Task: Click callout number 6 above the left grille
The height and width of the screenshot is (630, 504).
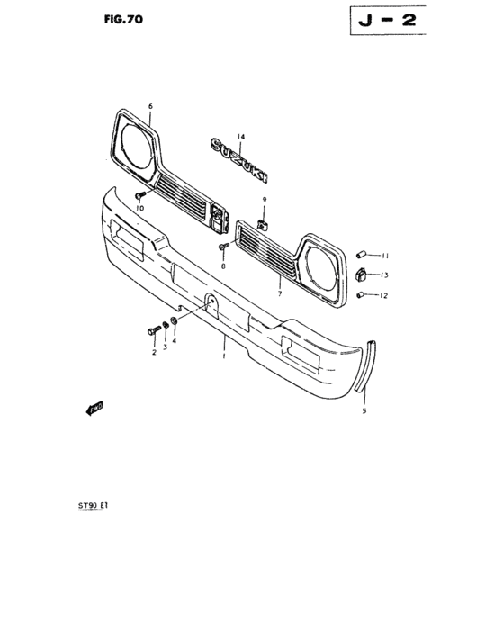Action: (150, 106)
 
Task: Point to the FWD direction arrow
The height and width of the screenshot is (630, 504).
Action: (94, 410)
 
